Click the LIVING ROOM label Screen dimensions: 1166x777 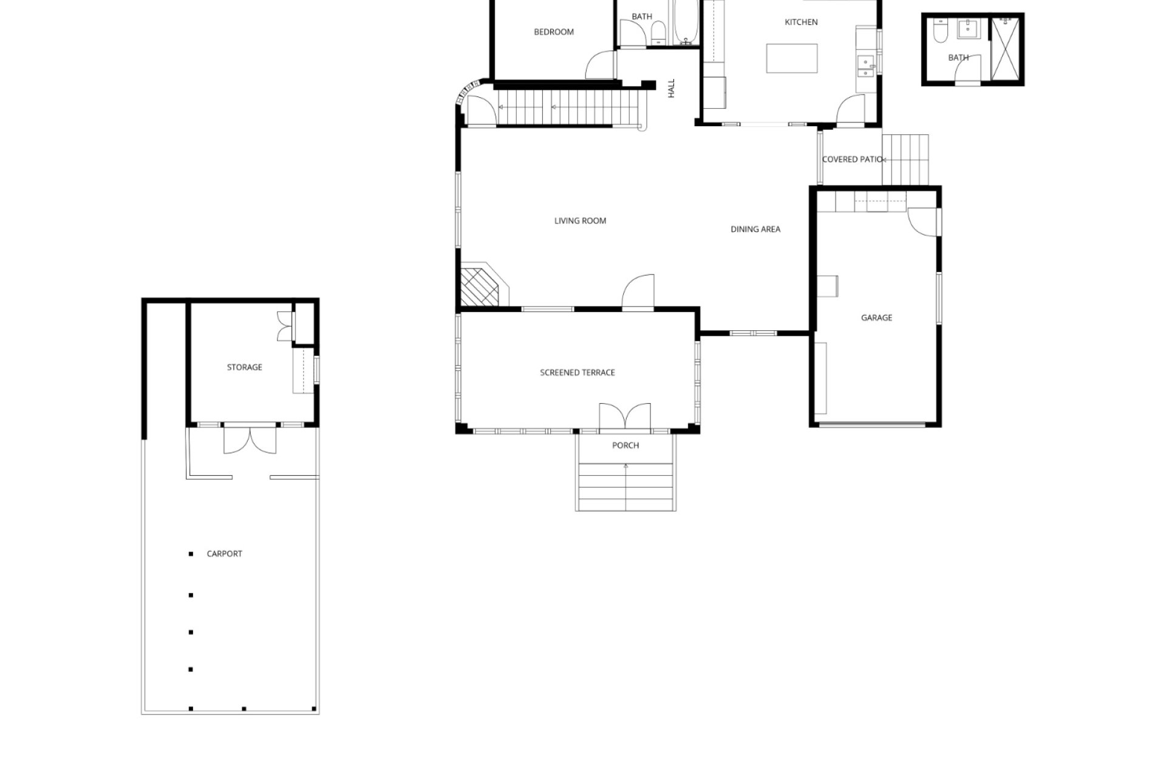[x=580, y=221]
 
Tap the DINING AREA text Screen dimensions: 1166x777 [x=755, y=229]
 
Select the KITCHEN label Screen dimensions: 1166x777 [x=801, y=22]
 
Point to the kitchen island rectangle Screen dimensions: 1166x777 [x=792, y=58]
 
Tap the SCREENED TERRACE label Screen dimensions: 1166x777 [x=578, y=373]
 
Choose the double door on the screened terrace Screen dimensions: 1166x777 [x=625, y=418]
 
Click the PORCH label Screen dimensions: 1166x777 [x=626, y=446]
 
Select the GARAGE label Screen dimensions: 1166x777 [x=876, y=318]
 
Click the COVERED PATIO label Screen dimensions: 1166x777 [x=852, y=160]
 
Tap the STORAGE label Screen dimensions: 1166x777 [x=245, y=367]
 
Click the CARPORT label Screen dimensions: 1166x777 [x=224, y=554]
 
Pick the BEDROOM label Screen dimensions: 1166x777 [x=554, y=32]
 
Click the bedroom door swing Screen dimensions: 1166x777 [x=601, y=64]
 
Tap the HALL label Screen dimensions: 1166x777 [x=671, y=89]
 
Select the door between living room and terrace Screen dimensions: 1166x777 [x=638, y=292]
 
